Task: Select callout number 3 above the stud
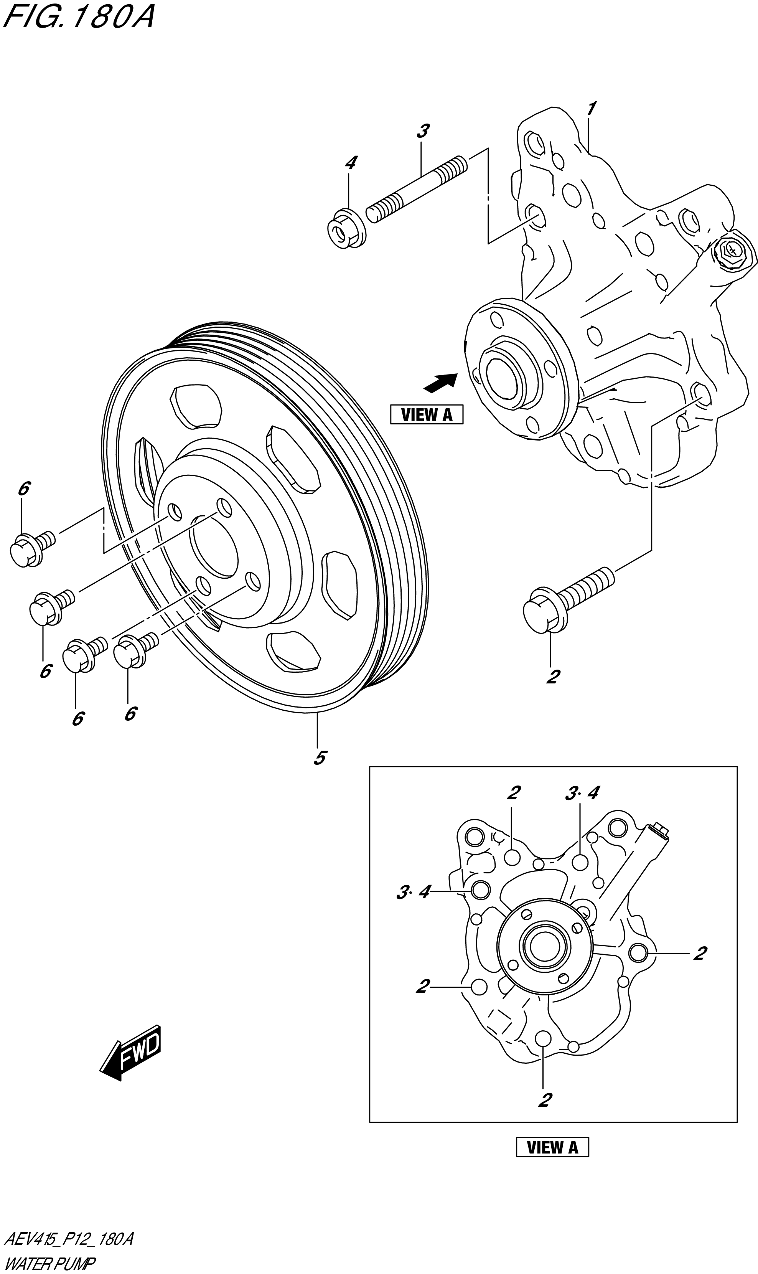point(422,131)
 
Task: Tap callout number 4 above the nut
point(350,163)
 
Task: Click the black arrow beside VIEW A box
point(440,383)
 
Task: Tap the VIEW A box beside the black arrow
point(427,414)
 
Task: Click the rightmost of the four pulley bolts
point(134,649)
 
